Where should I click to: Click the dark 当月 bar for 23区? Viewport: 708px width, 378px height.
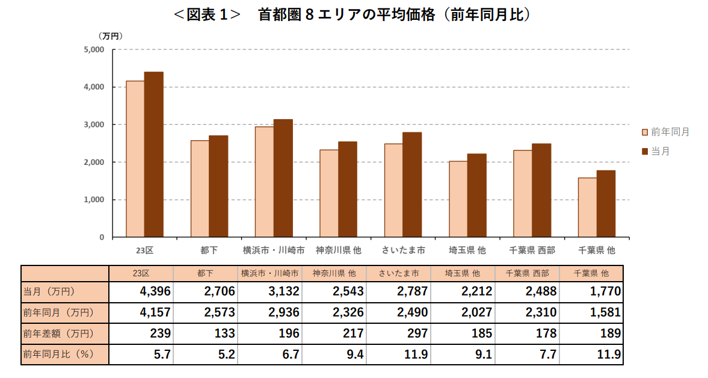(x=153, y=155)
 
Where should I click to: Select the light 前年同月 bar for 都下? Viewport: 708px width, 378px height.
(x=200, y=189)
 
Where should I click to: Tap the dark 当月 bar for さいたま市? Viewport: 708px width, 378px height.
(x=412, y=185)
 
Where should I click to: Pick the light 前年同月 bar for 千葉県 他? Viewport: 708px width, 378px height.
(x=587, y=208)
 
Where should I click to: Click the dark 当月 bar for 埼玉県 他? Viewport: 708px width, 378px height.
(x=476, y=196)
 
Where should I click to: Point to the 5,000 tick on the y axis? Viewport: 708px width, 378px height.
(x=94, y=50)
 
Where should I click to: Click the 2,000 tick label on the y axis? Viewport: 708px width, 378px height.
(x=94, y=163)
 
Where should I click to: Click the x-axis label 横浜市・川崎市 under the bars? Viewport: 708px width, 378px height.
(x=273, y=250)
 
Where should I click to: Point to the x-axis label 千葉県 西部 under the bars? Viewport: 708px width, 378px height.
(x=532, y=250)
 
